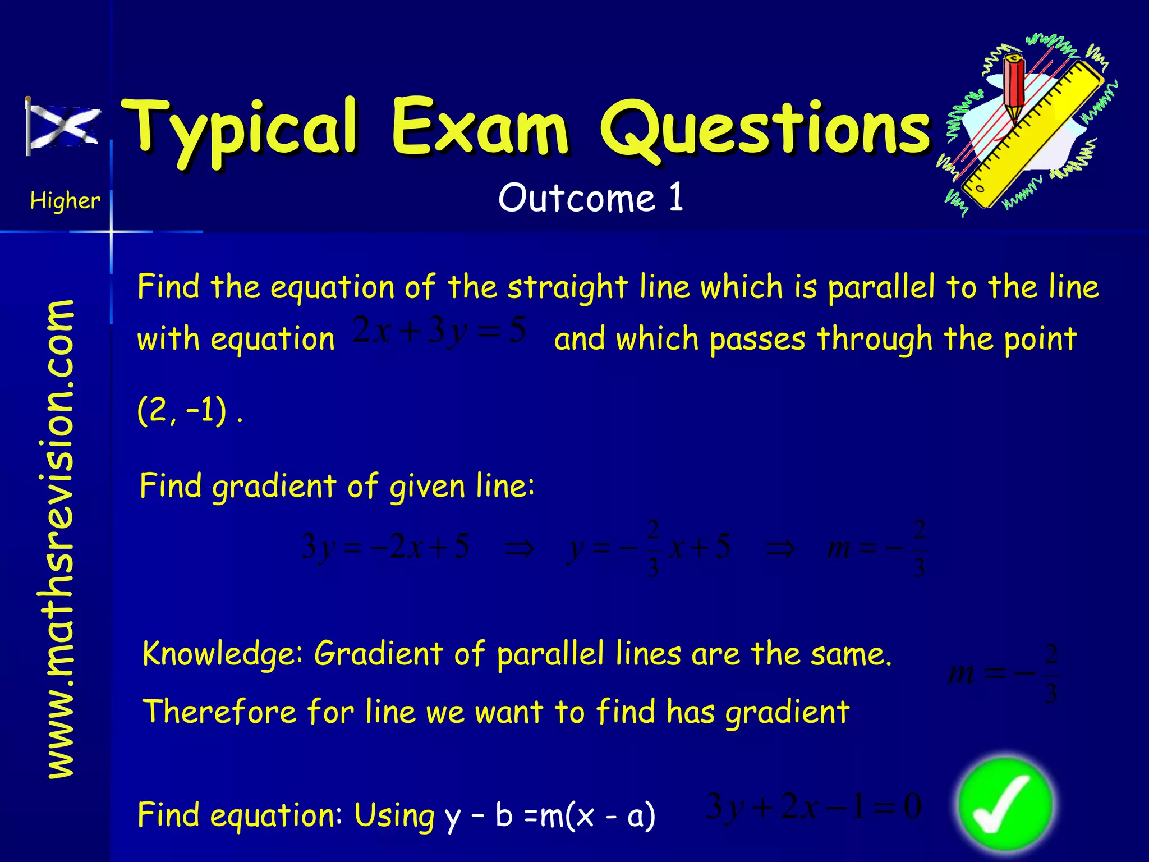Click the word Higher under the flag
pos(65,200)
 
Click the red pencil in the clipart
pos(1014,87)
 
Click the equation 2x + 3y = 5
pos(440,331)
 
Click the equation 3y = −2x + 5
pos(385,547)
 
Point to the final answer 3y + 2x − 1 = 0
pos(814,807)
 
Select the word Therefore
pos(219,712)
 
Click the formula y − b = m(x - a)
pos(550,815)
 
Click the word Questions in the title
pos(766,129)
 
